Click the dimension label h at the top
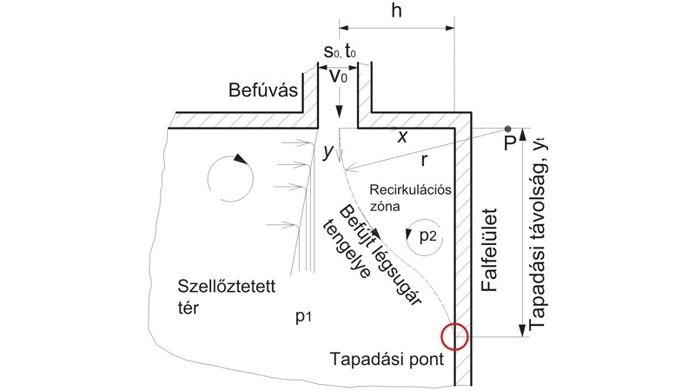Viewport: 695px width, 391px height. point(397,10)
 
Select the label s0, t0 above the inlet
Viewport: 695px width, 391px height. point(340,51)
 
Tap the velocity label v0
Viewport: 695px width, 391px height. point(339,76)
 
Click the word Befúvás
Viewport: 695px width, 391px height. point(263,90)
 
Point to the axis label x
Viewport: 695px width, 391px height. point(402,137)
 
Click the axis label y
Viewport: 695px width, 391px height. point(328,152)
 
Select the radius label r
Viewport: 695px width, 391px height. point(424,161)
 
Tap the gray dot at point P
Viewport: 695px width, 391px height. point(507,129)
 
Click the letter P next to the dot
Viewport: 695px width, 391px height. point(510,143)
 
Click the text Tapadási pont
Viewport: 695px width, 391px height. point(387,359)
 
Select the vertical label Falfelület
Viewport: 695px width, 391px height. point(490,249)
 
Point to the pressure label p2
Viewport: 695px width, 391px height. point(427,235)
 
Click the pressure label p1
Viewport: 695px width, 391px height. point(303,316)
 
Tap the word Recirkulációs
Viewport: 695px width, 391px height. point(410,190)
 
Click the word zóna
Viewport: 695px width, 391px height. point(385,206)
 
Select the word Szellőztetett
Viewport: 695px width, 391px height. point(227,287)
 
